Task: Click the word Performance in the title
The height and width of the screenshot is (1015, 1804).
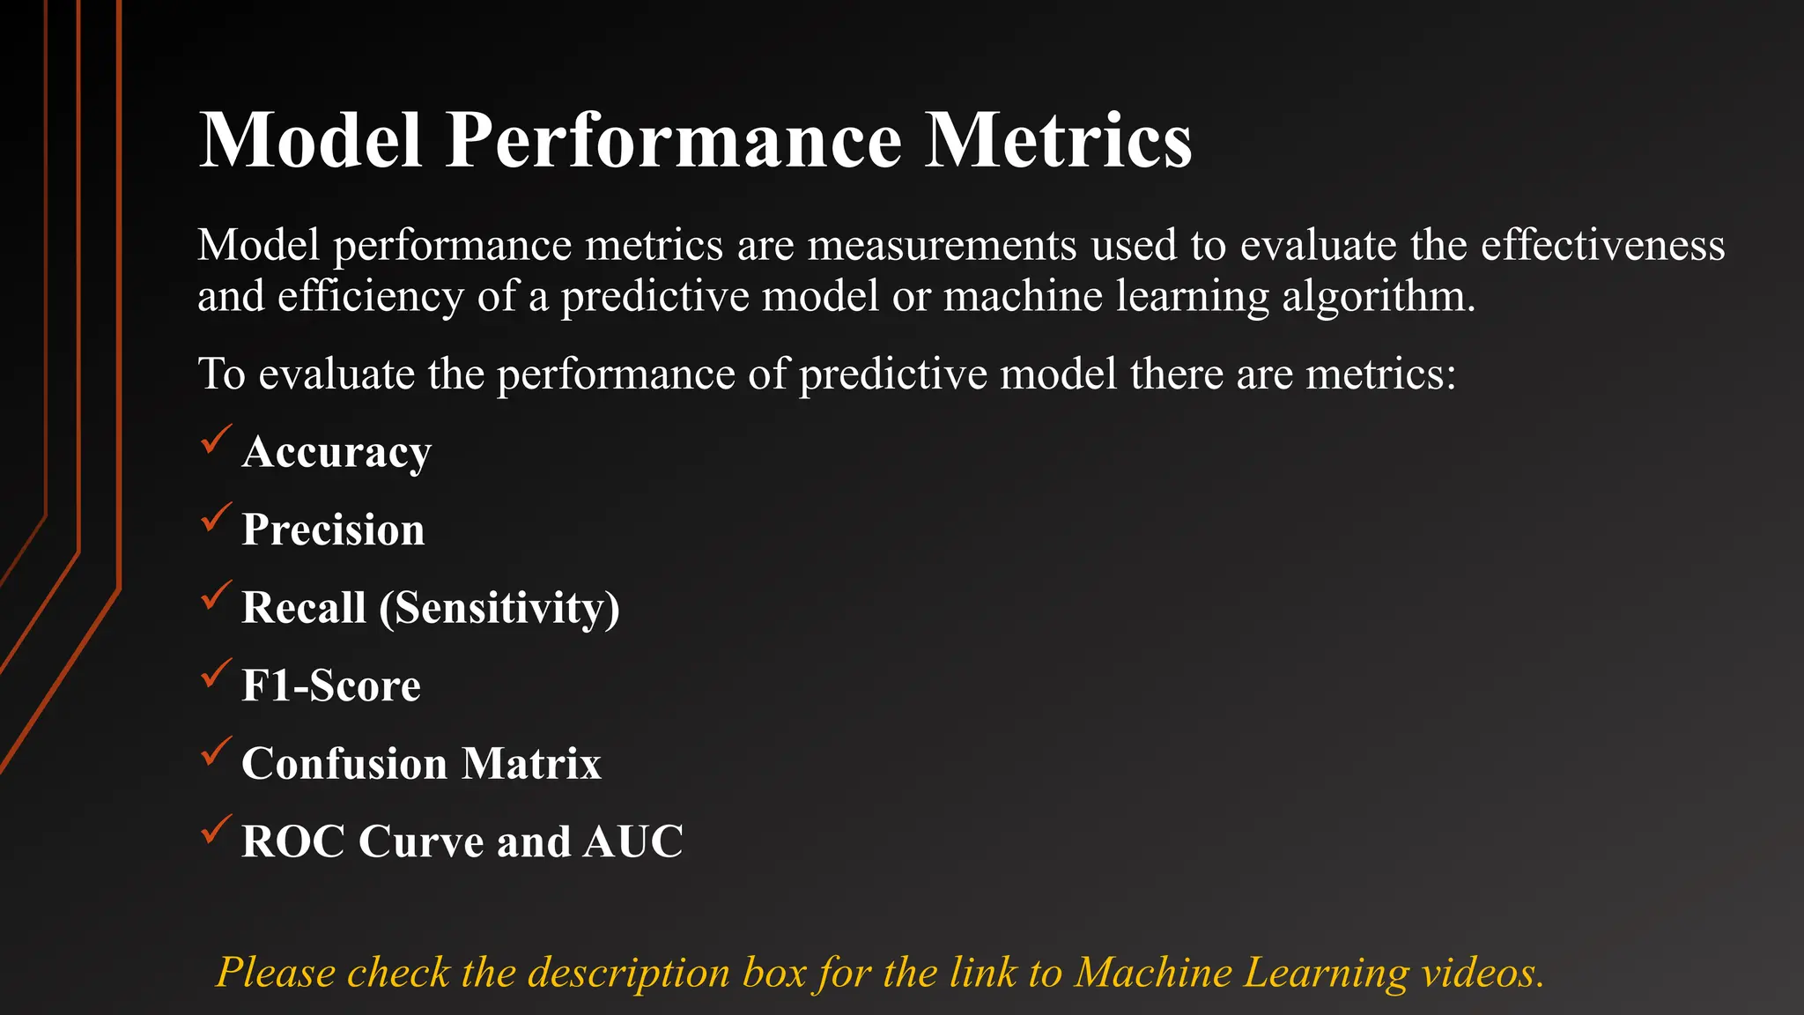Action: pyautogui.click(x=674, y=141)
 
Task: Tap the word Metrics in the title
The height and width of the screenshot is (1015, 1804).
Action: pyautogui.click(x=1057, y=141)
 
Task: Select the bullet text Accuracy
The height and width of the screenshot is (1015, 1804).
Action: pyautogui.click(x=336, y=453)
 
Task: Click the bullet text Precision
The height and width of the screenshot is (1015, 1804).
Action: pyautogui.click(x=333, y=530)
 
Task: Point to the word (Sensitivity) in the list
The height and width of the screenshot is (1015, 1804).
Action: pyautogui.click(x=499, y=608)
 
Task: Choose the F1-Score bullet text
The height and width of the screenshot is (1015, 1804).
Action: pyautogui.click(x=331, y=686)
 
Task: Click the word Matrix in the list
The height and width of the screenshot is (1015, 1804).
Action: pyautogui.click(x=531, y=764)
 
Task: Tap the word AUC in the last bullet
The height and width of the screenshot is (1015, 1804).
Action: pyautogui.click(x=632, y=841)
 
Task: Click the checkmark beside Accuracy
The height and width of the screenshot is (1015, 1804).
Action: pyautogui.click(x=216, y=440)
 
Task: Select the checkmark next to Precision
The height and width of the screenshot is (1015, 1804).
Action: pyautogui.click(x=216, y=517)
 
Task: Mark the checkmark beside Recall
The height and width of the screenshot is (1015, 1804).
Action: pyautogui.click(x=216, y=596)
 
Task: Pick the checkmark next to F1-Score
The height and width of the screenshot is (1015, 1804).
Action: pyautogui.click(x=216, y=674)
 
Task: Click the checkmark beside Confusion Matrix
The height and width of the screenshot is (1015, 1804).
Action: pyautogui.click(x=216, y=752)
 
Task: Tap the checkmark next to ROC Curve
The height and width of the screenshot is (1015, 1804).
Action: pyautogui.click(x=216, y=830)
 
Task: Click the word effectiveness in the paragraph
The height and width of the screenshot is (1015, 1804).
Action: pyautogui.click(x=1602, y=245)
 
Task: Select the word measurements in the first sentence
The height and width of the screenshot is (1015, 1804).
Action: pyautogui.click(x=942, y=245)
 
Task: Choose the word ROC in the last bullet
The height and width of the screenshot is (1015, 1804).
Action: pyautogui.click(x=293, y=841)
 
